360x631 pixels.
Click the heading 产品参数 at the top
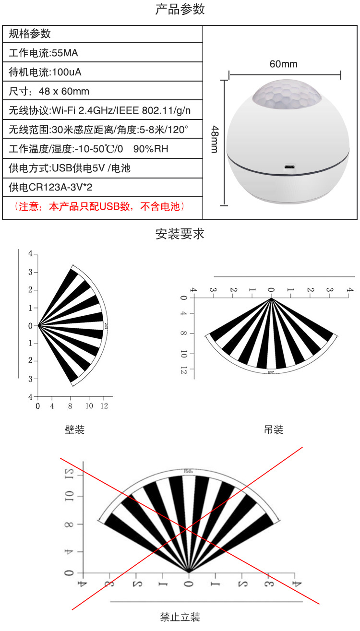coord(180,10)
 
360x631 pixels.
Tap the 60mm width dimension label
coord(283,64)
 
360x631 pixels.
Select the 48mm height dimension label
coord(215,139)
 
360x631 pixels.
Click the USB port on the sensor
coord(289,167)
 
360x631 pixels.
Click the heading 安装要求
coord(180,234)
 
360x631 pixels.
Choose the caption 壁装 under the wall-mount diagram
coord(75,429)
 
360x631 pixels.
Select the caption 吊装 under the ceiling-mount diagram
coord(274,429)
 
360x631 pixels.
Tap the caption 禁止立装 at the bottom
coord(180,617)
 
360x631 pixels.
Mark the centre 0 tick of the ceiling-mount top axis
coord(271,290)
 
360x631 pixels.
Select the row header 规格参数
coord(30,34)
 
